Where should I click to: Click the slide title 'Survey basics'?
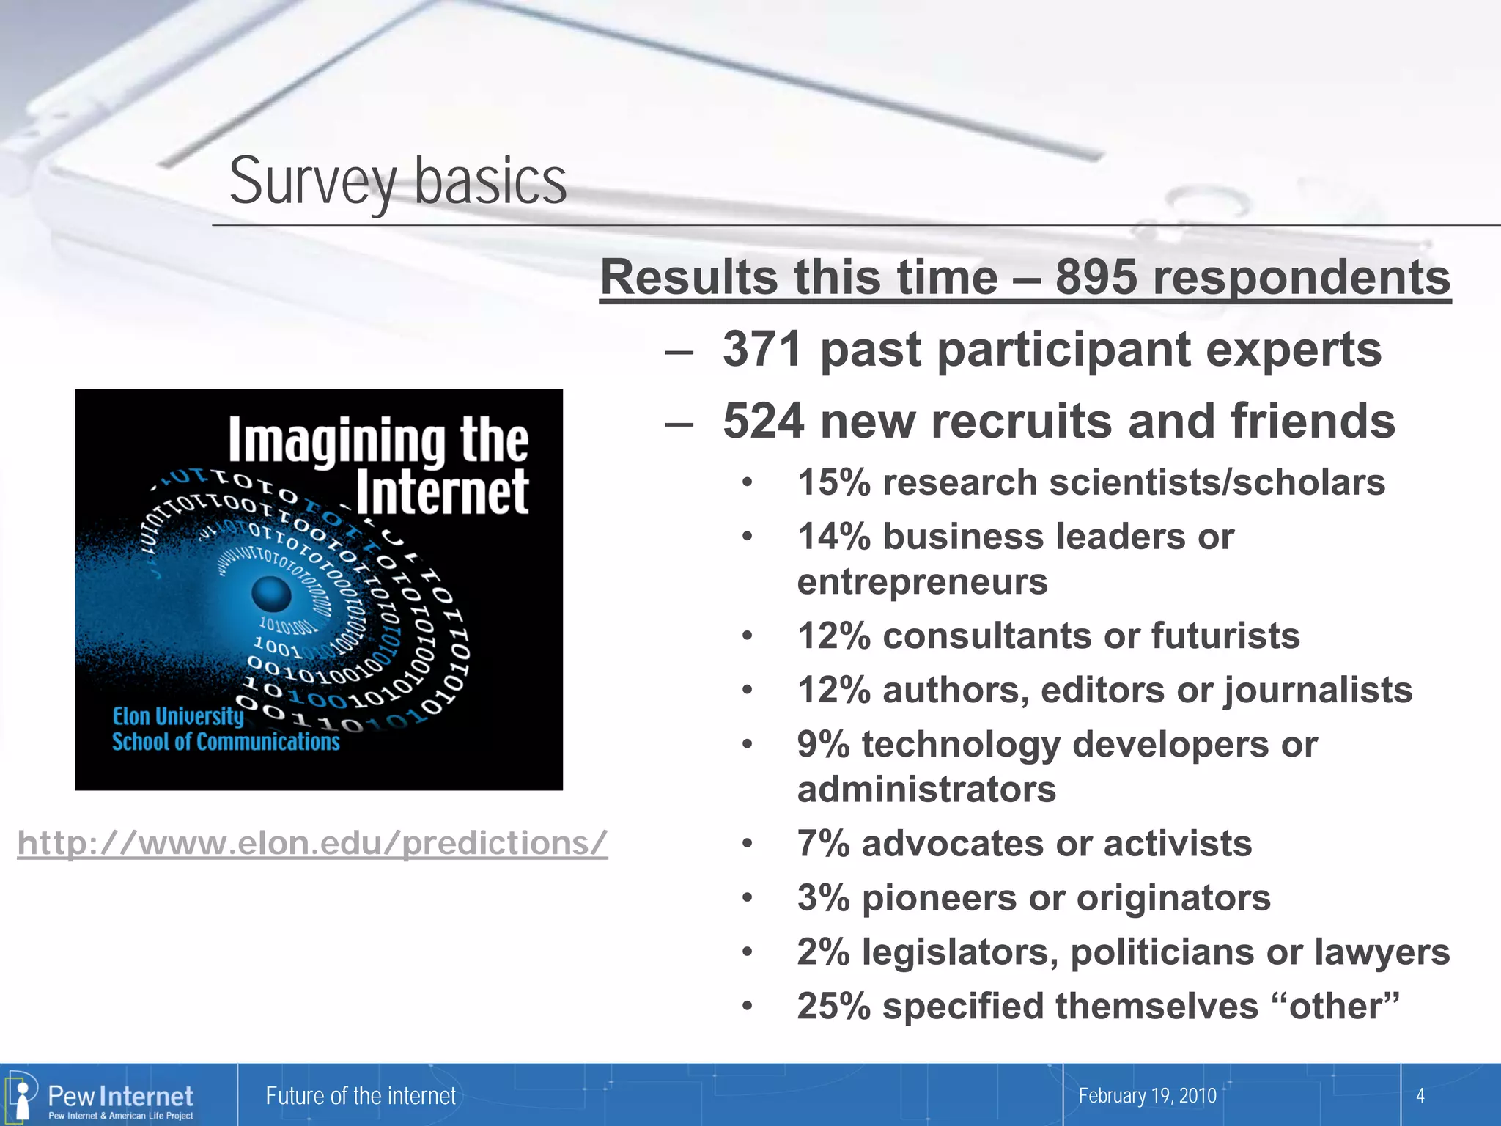(x=398, y=181)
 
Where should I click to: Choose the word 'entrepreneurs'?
(x=922, y=582)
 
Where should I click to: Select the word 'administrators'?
(x=926, y=790)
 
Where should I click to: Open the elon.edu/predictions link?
(x=312, y=843)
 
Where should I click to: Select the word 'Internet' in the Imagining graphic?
(x=442, y=492)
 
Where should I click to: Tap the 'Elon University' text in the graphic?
(x=177, y=716)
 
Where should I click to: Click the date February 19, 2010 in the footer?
(x=1147, y=1096)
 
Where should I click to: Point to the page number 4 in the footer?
(x=1420, y=1096)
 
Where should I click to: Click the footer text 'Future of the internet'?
(x=361, y=1096)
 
